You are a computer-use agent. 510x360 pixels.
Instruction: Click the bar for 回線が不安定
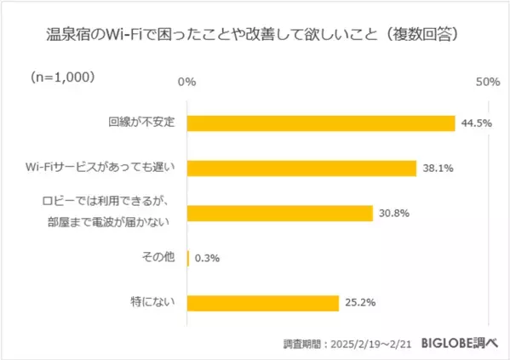click(x=320, y=123)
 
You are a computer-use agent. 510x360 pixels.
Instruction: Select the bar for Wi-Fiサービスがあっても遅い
click(x=301, y=168)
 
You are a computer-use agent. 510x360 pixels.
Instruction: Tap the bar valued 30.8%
click(x=279, y=213)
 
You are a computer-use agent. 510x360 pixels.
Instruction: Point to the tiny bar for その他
click(x=188, y=258)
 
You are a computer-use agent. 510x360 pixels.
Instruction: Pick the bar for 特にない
click(x=262, y=302)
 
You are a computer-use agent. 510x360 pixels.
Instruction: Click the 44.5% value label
click(x=478, y=123)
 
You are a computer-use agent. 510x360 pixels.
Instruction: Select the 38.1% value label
click(x=437, y=169)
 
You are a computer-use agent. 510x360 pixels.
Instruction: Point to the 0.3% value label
click(x=209, y=258)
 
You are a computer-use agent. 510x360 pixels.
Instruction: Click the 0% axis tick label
click(x=186, y=82)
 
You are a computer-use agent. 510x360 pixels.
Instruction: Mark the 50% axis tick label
click(x=487, y=82)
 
